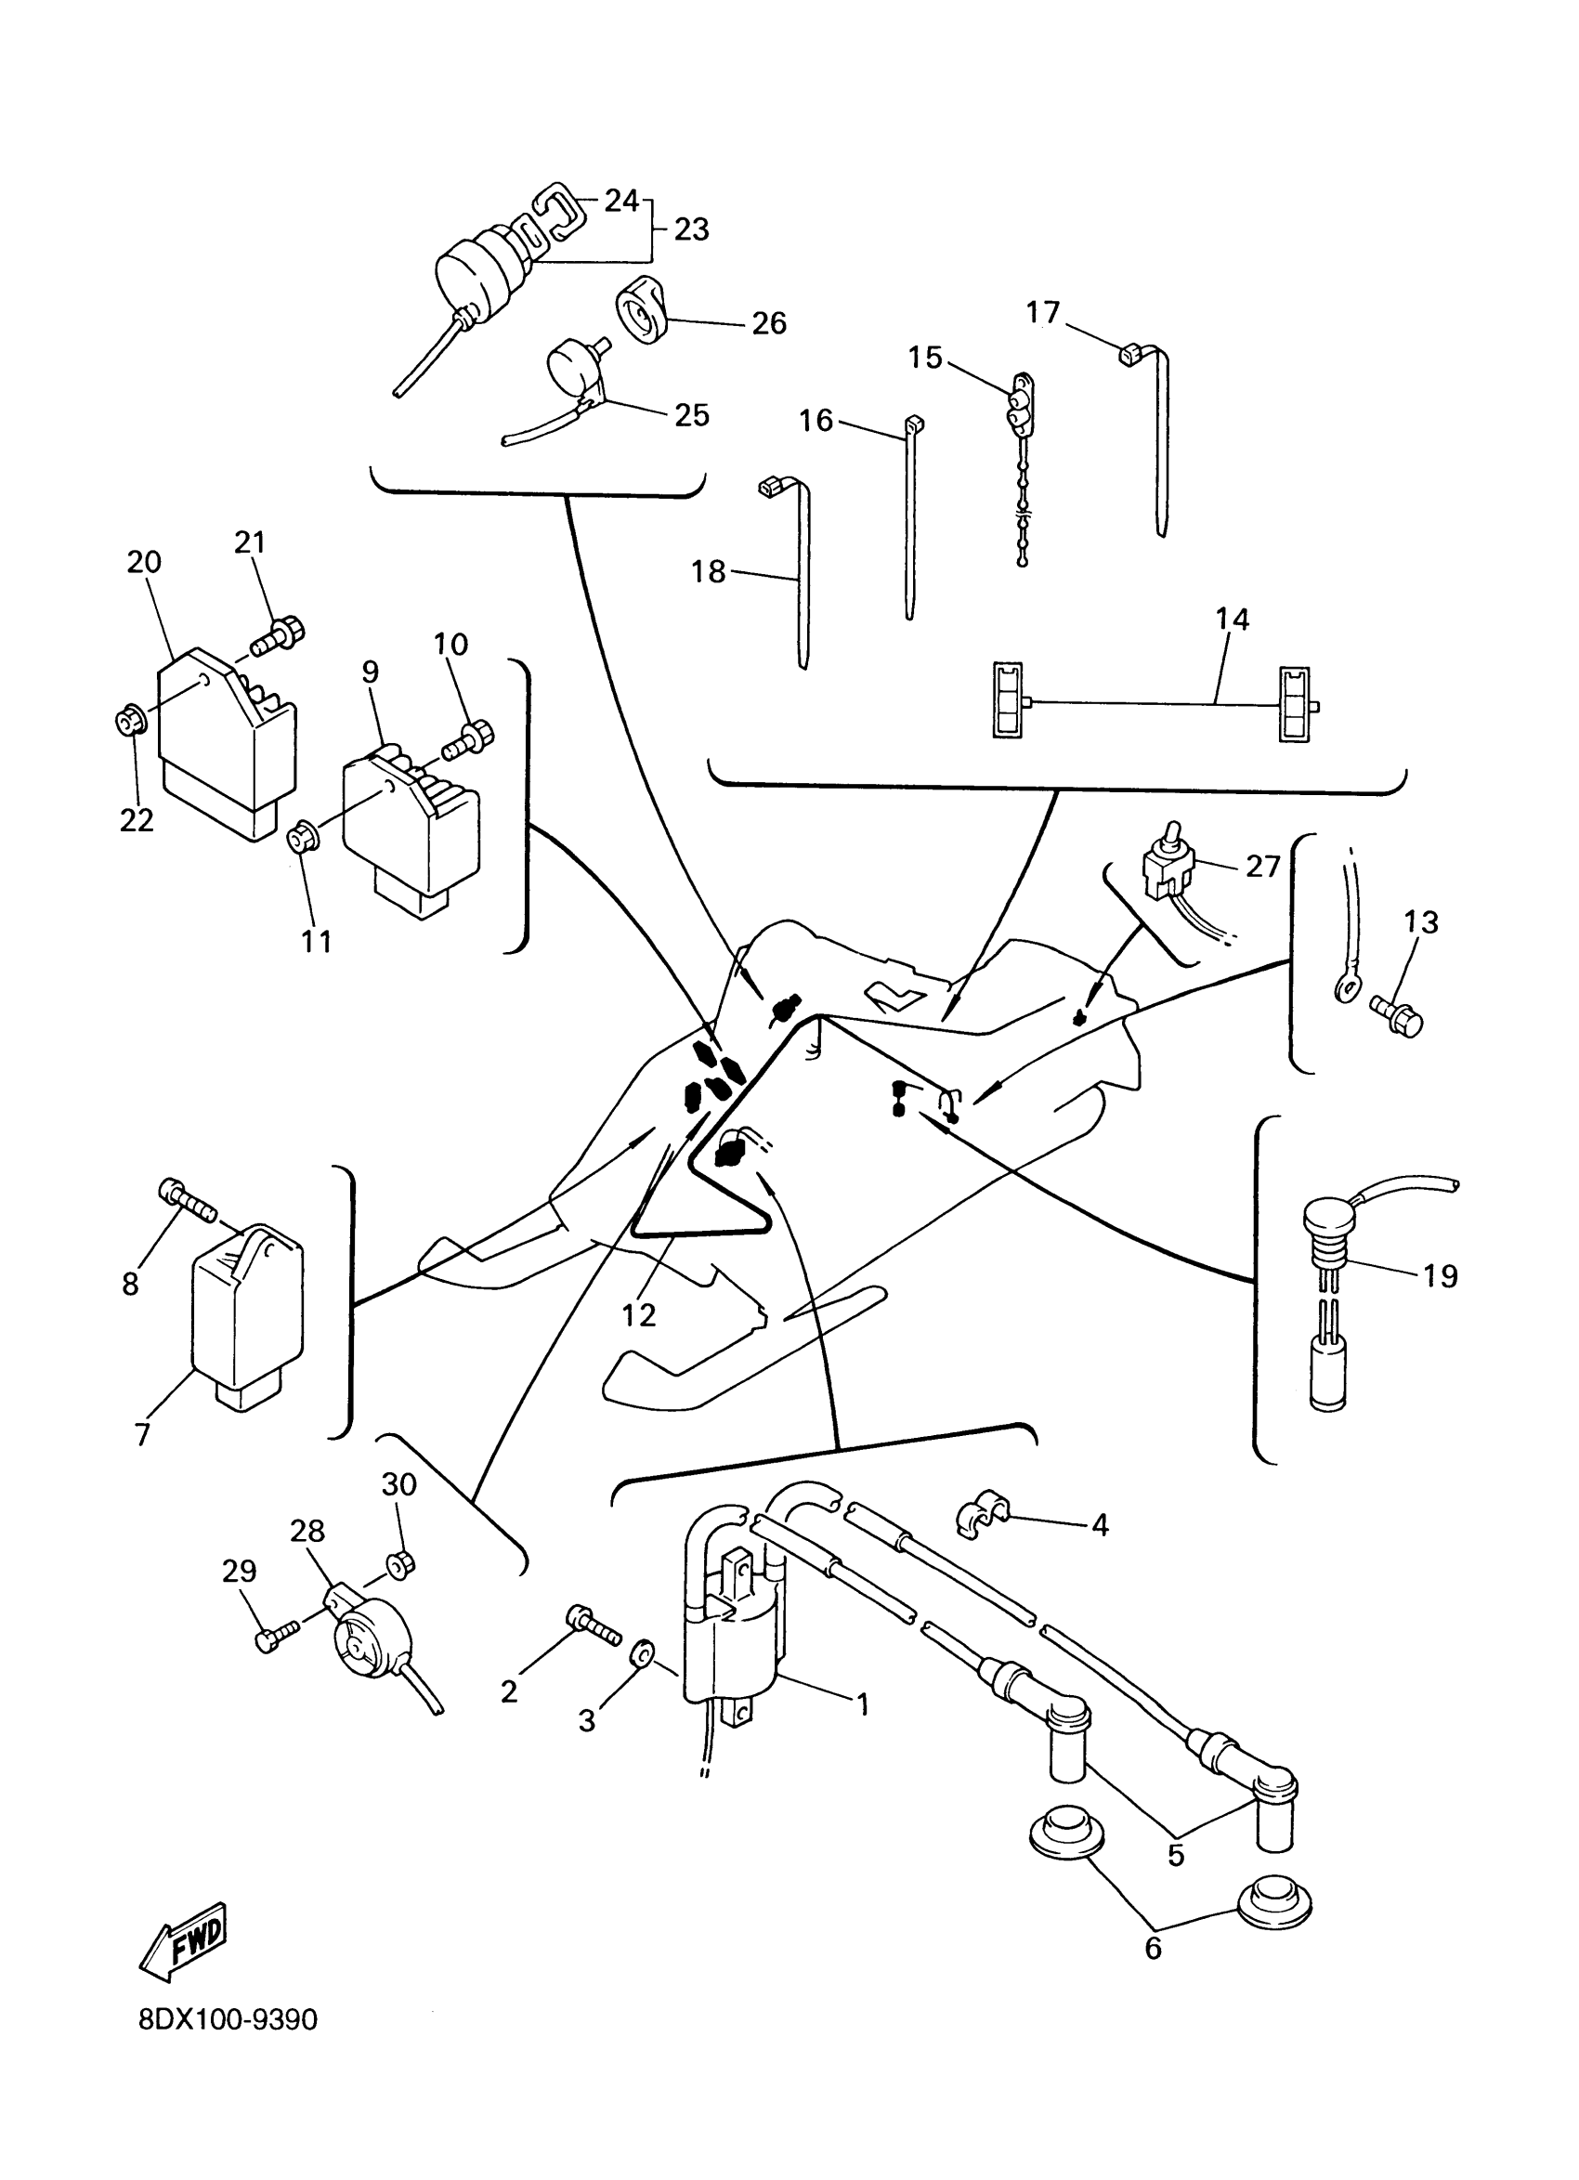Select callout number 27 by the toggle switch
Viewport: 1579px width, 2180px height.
tap(1262, 867)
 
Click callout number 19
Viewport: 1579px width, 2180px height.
tap(1440, 1275)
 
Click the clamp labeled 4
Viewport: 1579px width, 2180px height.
tap(981, 1516)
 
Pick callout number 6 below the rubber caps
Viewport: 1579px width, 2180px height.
tap(1154, 1949)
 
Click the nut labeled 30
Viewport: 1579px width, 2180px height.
tap(398, 1565)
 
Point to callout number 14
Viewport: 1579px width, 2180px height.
tap(1232, 620)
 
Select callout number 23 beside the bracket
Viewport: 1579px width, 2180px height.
tap(691, 229)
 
